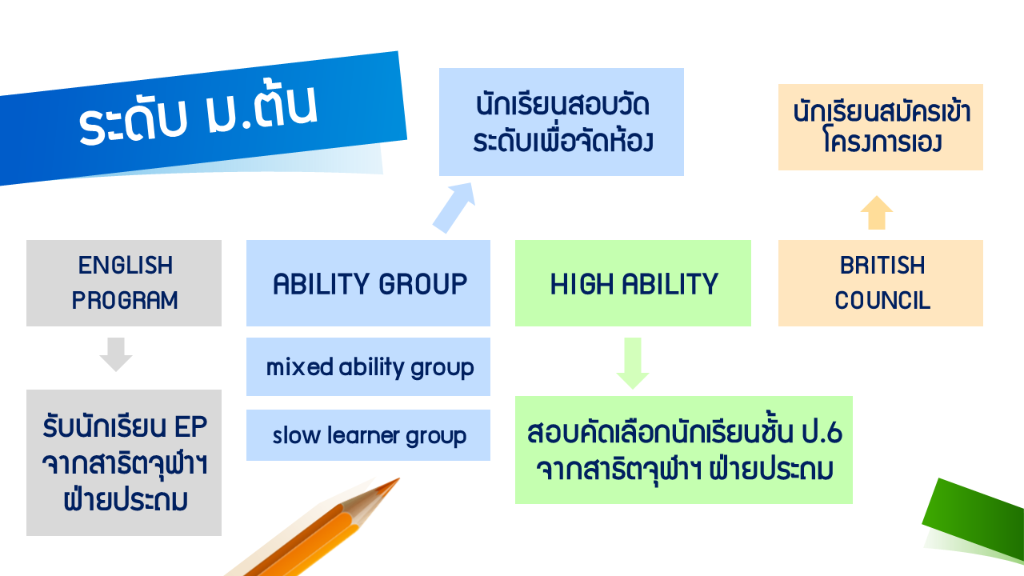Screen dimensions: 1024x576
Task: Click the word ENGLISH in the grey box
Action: (126, 265)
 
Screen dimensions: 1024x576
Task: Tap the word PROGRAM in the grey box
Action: (124, 300)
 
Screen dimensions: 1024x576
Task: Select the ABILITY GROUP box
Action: (368, 283)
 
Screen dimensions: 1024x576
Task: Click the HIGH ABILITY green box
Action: (633, 283)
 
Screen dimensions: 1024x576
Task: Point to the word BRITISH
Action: (882, 265)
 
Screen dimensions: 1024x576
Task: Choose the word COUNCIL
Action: (882, 300)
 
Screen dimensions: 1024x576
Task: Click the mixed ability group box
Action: (368, 366)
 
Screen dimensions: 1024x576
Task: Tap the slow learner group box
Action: (368, 434)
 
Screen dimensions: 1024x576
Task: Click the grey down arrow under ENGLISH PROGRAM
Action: (116, 354)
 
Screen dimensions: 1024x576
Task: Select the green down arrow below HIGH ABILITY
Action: (633, 363)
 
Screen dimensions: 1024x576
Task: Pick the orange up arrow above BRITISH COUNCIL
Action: (876, 213)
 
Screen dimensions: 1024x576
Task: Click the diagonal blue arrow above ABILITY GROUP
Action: (454, 207)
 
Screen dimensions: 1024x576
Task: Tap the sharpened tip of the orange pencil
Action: (398, 479)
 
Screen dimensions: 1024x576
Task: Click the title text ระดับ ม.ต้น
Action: (198, 114)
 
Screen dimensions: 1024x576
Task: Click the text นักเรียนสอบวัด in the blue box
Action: (562, 105)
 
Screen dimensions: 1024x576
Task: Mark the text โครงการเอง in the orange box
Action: (882, 142)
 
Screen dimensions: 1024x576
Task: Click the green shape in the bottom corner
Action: (973, 519)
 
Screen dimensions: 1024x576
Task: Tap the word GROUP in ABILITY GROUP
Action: (423, 284)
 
